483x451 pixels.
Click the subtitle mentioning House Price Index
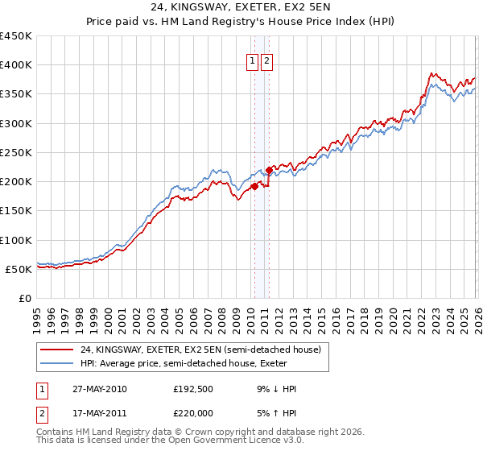tap(242, 23)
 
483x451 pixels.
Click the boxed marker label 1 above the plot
tap(252, 60)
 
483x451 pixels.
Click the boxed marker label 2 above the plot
tap(266, 60)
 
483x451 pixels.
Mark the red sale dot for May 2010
tap(254, 186)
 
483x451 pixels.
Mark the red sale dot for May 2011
tap(269, 170)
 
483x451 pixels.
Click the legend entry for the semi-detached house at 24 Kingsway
tap(200, 350)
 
